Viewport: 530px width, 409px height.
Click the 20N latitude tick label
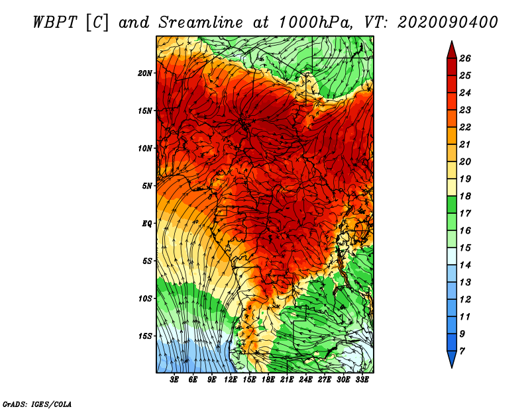point(144,73)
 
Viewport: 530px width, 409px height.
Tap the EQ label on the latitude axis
point(146,224)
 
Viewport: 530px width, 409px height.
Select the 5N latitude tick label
point(147,186)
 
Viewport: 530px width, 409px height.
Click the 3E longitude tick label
point(174,380)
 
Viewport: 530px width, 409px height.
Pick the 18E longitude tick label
point(268,380)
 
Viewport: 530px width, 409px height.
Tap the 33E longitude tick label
point(362,380)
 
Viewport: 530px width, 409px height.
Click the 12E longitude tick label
point(231,380)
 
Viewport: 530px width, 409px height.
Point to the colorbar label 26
point(465,58)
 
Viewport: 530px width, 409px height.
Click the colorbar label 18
point(465,196)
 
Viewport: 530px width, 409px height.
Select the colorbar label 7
point(462,351)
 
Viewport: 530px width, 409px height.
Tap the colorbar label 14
point(465,265)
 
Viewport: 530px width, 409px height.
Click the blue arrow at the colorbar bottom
point(452,358)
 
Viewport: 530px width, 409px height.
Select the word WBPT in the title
point(56,23)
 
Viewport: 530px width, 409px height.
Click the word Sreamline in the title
point(201,23)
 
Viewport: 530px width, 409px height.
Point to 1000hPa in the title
point(316,23)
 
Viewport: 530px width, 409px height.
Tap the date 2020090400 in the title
point(448,23)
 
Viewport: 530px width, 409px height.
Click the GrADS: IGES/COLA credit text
point(37,404)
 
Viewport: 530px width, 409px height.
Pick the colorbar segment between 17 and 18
point(452,204)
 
